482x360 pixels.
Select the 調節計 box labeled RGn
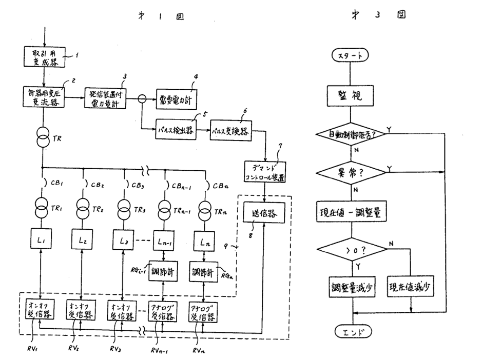(203, 271)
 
